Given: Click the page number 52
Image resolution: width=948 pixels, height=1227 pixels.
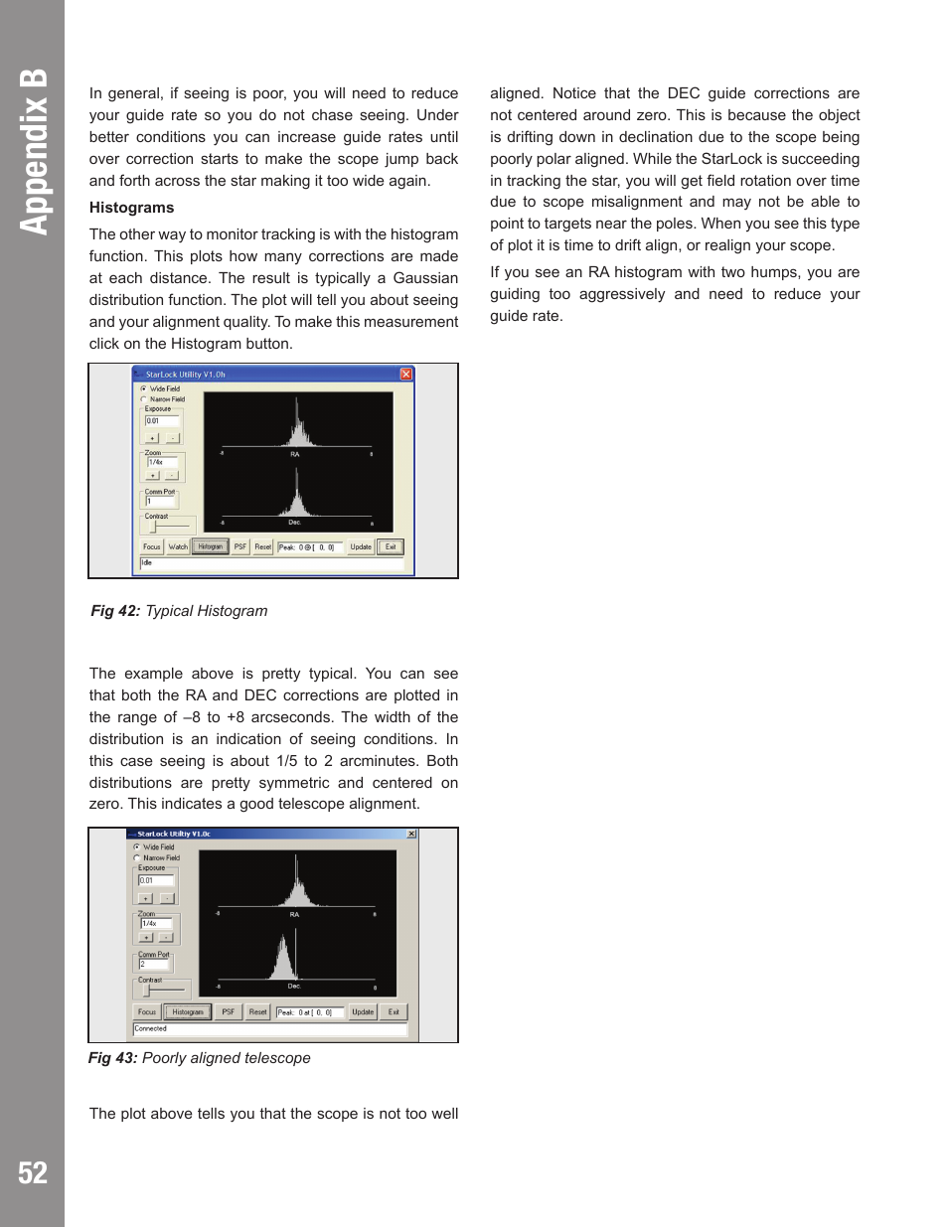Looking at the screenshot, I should click(32, 1173).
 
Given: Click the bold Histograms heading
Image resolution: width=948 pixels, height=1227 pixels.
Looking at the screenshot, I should click(131, 208).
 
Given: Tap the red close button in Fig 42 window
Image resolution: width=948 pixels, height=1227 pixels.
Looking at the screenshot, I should click(405, 375).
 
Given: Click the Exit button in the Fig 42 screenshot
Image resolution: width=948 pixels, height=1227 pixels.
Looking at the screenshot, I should click(391, 546).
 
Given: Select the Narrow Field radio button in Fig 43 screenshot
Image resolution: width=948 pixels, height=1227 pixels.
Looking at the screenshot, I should click(137, 857).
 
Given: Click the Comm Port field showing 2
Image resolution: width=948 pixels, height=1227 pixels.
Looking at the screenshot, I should click(154, 965).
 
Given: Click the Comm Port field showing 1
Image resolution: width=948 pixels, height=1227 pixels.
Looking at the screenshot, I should click(161, 502).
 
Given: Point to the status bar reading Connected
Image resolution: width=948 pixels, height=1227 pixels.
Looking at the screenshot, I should click(268, 1029).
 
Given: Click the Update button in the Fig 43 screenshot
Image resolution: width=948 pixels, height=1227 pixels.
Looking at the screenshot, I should click(363, 1012).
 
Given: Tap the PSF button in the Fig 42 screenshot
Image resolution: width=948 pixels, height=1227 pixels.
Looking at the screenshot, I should click(239, 546).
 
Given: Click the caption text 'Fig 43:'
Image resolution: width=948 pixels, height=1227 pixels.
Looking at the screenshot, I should click(112, 1058).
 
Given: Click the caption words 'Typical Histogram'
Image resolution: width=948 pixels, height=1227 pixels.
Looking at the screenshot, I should click(207, 611).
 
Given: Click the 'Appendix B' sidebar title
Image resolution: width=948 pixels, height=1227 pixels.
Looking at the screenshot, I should click(33, 151).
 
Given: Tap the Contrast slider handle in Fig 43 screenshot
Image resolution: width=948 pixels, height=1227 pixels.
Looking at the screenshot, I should click(147, 990).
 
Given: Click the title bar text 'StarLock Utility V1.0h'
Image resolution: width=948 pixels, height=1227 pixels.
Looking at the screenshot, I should click(185, 375).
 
